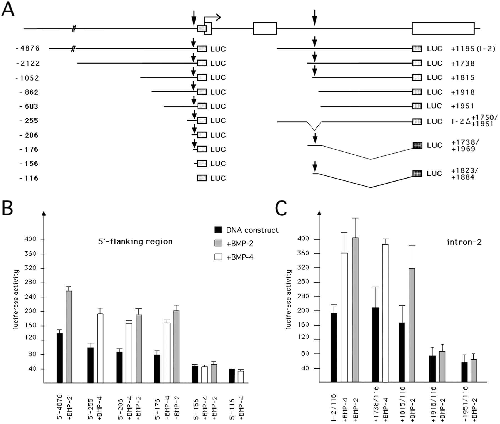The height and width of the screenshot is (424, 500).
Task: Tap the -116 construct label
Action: (x=29, y=178)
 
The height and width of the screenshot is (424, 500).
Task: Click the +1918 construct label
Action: (x=463, y=92)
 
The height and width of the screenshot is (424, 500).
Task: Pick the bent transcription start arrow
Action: (x=212, y=17)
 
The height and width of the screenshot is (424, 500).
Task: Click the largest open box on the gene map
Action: (x=443, y=28)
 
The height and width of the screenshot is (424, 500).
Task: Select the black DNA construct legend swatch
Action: (x=218, y=230)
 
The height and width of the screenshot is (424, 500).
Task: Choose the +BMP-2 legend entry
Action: (x=240, y=244)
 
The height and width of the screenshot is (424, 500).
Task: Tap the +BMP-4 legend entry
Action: (x=240, y=257)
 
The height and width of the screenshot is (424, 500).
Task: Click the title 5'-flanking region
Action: (x=135, y=242)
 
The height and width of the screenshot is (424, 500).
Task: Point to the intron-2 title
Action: (x=464, y=242)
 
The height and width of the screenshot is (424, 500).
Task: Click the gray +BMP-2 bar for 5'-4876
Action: (x=69, y=337)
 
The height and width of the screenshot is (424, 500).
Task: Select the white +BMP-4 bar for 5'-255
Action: (x=100, y=348)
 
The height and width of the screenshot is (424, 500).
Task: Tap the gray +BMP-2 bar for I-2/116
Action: (x=356, y=310)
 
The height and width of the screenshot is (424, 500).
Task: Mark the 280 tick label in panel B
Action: (x=30, y=282)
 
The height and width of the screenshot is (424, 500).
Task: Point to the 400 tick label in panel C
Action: (x=303, y=239)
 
